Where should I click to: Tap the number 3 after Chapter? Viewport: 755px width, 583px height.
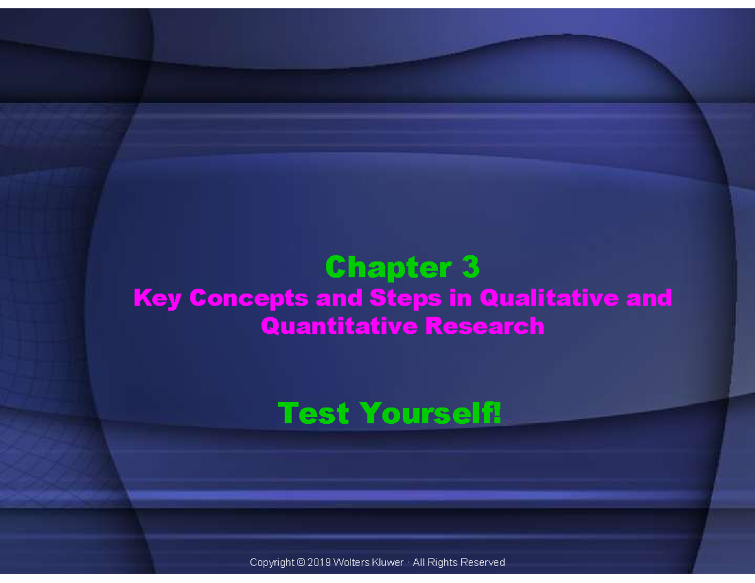(470, 268)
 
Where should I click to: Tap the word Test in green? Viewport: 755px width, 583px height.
(313, 413)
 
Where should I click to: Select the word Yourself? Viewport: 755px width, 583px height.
(431, 413)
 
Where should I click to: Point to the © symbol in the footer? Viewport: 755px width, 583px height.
(301, 562)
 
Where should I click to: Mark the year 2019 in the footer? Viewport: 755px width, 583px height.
(319, 562)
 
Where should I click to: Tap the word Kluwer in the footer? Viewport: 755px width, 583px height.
(388, 562)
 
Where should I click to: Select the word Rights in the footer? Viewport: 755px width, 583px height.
(444, 562)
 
